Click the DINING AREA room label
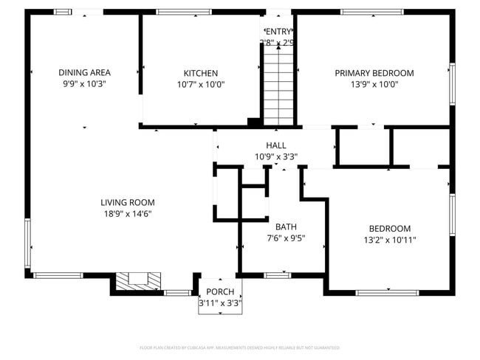85,72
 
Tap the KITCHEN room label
201,73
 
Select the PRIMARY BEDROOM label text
374,73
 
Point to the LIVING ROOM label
128,202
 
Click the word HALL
276,145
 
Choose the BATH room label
286,226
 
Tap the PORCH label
220,292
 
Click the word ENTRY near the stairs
278,31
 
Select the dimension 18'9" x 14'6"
128,214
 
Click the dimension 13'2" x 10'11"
390,240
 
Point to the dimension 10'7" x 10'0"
201,84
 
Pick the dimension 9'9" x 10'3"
85,84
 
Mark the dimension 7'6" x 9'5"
286,238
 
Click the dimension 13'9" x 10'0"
374,84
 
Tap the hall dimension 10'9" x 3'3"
276,156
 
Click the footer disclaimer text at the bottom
240,347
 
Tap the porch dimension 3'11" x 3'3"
220,303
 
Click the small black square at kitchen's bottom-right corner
253,122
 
